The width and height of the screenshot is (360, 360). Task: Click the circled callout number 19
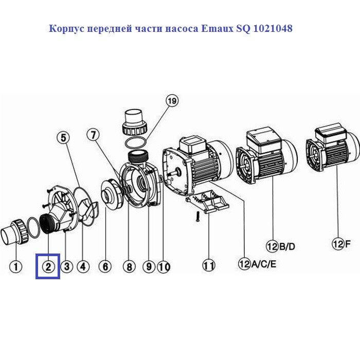click(172, 101)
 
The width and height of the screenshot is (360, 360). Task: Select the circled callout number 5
click(63, 137)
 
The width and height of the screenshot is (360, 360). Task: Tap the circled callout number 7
click(93, 135)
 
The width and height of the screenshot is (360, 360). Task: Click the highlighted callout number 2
click(48, 266)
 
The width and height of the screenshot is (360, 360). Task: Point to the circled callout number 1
click(16, 266)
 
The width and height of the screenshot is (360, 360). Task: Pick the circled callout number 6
click(105, 266)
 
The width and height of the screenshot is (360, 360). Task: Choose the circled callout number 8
click(129, 266)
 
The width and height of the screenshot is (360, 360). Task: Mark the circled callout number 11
click(209, 266)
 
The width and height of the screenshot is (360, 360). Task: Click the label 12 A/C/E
click(257, 264)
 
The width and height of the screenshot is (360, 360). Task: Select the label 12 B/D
click(280, 246)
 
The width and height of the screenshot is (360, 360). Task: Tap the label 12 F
click(341, 244)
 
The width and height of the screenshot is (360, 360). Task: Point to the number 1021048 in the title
click(273, 28)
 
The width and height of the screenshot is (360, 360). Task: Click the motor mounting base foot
click(207, 201)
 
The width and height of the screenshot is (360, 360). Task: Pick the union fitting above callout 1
click(15, 231)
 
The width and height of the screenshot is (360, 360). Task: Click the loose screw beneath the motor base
click(197, 217)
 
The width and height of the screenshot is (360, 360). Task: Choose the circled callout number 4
click(83, 266)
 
